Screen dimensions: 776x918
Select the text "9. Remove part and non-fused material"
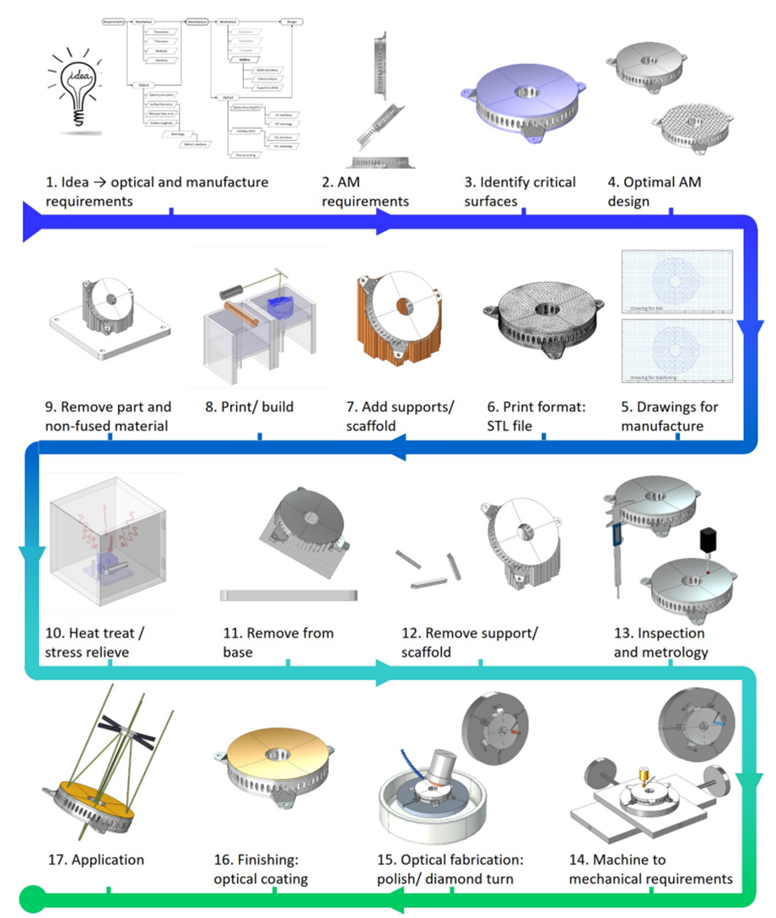click(x=107, y=416)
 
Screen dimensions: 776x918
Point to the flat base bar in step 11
click(x=288, y=595)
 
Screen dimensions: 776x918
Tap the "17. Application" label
click(x=95, y=860)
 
